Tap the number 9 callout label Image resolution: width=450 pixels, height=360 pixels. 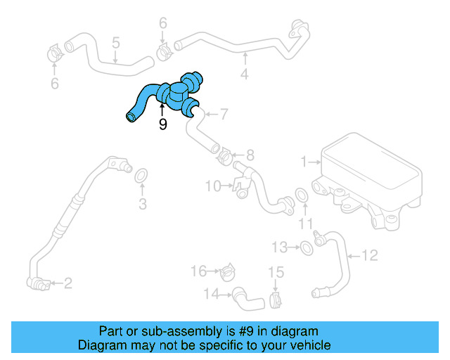coord(163,124)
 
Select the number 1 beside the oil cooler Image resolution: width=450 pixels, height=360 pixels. coord(304,162)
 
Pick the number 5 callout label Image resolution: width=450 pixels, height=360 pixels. coord(116,44)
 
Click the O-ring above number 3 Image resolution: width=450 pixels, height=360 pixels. coord(141,174)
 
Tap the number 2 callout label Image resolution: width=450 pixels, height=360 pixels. coord(67,283)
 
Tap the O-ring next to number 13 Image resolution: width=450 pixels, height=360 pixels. coord(307,247)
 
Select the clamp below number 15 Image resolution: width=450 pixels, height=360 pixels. coord(276,300)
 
